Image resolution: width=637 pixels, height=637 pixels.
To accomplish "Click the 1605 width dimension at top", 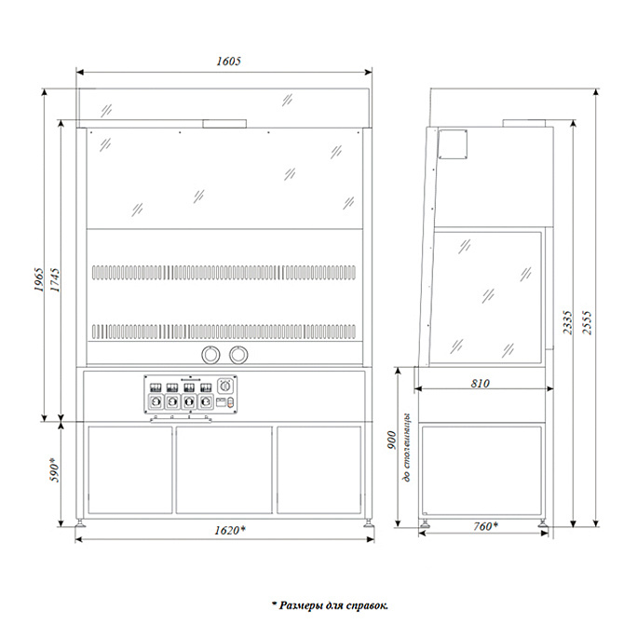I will [229, 61].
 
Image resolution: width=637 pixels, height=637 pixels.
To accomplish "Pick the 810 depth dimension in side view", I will [481, 383].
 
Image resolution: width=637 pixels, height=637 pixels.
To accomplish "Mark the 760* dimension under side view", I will [482, 527].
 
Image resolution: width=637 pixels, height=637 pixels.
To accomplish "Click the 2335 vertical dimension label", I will [567, 321].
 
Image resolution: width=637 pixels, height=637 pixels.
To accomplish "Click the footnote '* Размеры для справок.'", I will [330, 605].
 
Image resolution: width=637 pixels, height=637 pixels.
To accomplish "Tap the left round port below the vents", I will [211, 355].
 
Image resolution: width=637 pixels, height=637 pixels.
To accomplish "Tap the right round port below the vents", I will [240, 355].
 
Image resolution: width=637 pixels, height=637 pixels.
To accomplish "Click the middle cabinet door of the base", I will [224, 469].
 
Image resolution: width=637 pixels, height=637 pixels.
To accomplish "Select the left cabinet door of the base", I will [130, 469].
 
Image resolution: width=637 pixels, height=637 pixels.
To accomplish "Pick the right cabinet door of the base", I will [318, 469].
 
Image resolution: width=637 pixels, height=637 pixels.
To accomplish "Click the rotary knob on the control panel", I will [224, 386].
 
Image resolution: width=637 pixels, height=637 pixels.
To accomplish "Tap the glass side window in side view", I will [488, 292].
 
